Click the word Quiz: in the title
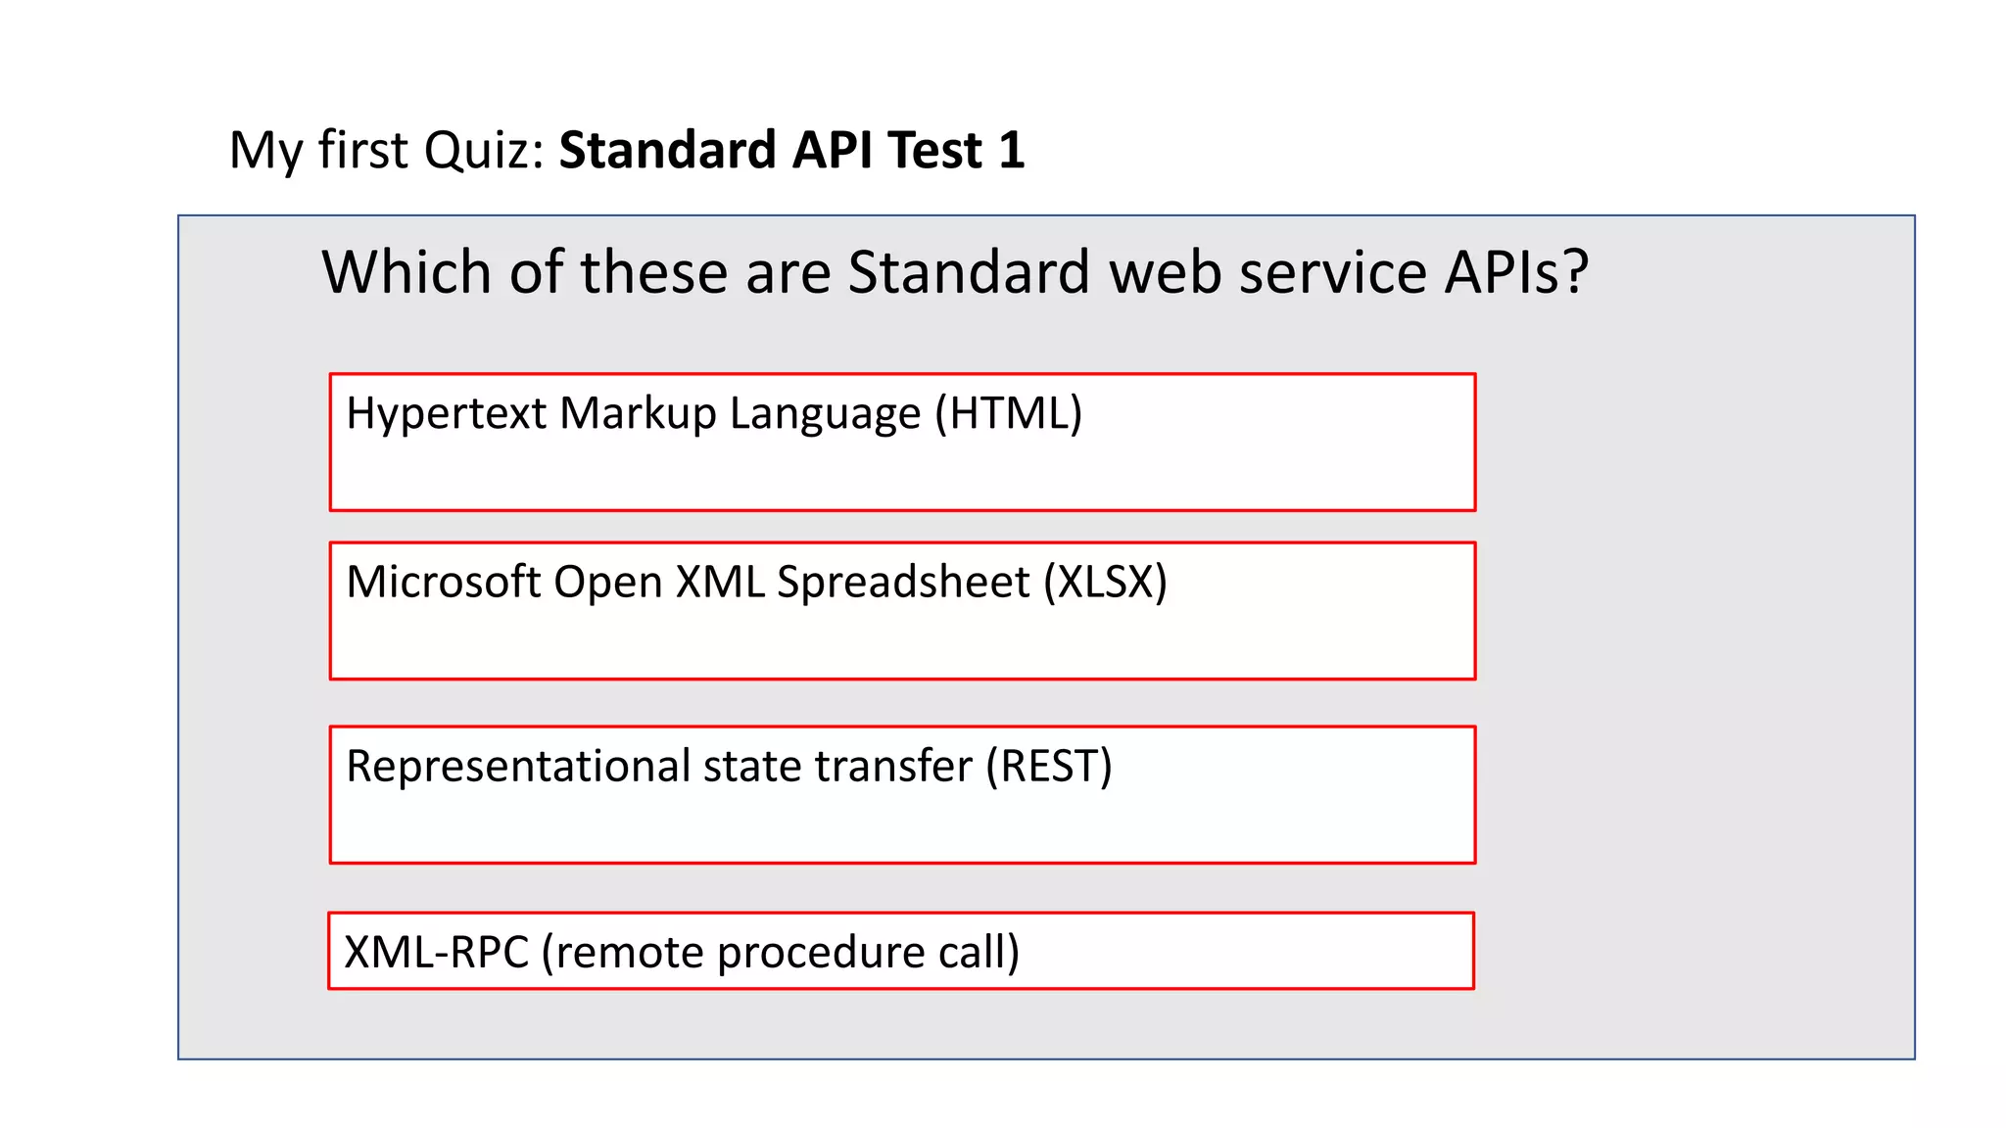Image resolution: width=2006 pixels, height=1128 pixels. click(x=484, y=152)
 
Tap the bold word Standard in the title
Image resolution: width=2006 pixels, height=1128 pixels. click(x=667, y=151)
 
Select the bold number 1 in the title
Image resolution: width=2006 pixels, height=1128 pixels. click(x=1012, y=151)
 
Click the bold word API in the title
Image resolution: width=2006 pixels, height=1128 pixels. click(x=832, y=151)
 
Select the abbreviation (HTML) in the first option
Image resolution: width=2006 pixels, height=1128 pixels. click(x=1008, y=413)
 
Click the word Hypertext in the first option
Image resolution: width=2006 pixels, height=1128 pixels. click(x=446, y=413)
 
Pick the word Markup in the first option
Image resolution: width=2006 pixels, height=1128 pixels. click(x=638, y=413)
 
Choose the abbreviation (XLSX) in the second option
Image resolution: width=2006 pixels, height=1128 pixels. click(x=1105, y=582)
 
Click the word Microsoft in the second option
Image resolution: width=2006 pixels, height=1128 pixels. click(x=443, y=582)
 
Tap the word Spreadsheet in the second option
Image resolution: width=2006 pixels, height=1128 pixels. click(x=902, y=582)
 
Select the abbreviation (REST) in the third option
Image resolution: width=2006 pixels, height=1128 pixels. click(x=1048, y=766)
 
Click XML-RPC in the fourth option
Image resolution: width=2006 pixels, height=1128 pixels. click(x=436, y=952)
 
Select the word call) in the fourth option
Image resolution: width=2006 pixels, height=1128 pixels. click(x=979, y=952)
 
